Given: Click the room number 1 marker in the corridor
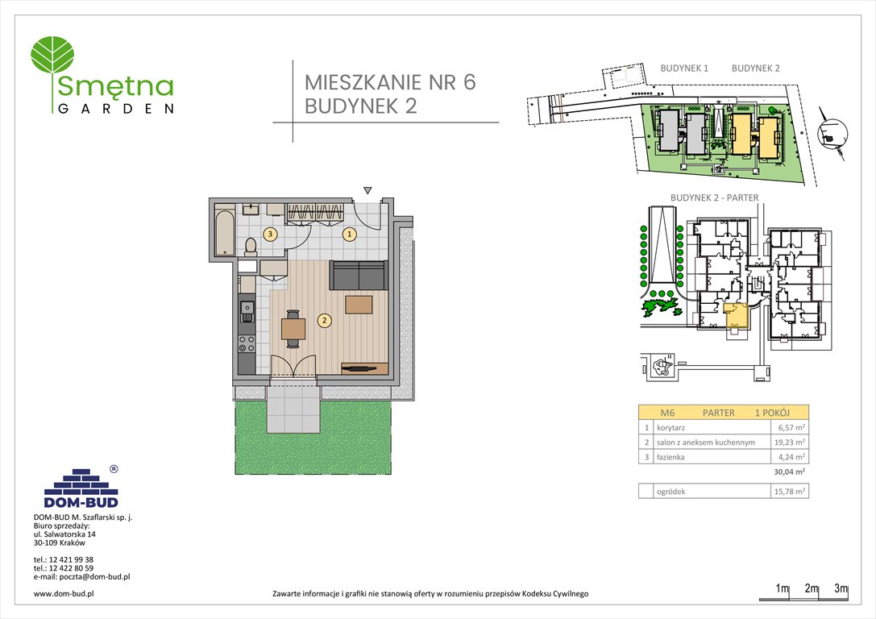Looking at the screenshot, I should click(x=349, y=235).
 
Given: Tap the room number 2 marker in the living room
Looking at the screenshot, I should click(x=324, y=320).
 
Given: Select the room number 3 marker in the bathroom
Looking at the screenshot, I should click(x=271, y=235).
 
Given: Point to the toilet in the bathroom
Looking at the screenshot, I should click(x=251, y=245).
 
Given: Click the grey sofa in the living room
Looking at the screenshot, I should click(x=359, y=276).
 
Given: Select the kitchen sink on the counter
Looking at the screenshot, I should click(x=247, y=307).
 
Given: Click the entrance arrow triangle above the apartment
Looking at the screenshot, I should click(x=367, y=190).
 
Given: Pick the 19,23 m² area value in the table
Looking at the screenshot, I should click(x=790, y=442).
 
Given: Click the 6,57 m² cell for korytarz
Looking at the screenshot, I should click(x=792, y=427).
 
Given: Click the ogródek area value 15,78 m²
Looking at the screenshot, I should click(x=790, y=492).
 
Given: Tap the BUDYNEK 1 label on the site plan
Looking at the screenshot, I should click(x=683, y=69).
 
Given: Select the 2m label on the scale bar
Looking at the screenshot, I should click(x=812, y=589).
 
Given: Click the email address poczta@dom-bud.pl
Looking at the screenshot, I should click(x=82, y=576).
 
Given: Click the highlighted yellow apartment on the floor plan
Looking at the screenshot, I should click(x=736, y=317).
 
